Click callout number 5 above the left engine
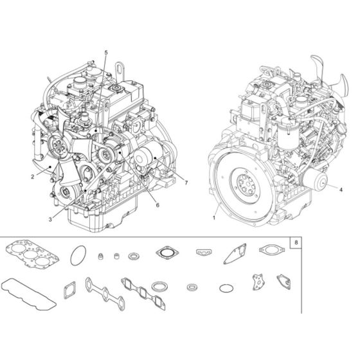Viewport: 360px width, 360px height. [107, 51]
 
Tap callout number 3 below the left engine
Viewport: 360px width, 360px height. [52, 219]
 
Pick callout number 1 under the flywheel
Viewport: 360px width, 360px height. [213, 219]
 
